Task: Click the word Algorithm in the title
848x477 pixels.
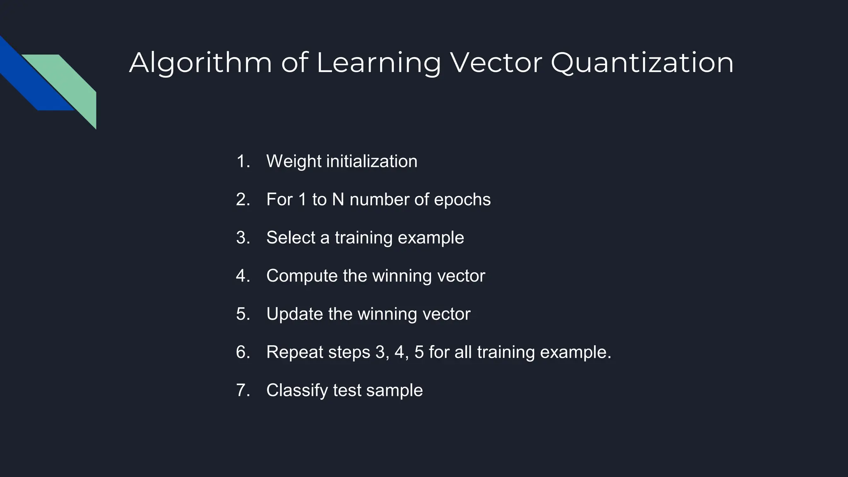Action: pyautogui.click(x=200, y=63)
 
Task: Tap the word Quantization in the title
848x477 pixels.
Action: pyautogui.click(x=642, y=63)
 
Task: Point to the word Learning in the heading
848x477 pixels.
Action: pyautogui.click(x=378, y=63)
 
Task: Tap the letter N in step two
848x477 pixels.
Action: pyautogui.click(x=338, y=200)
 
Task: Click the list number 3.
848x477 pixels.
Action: pyautogui.click(x=243, y=238)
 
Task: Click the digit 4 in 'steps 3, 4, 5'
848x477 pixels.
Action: pyautogui.click(x=399, y=352)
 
